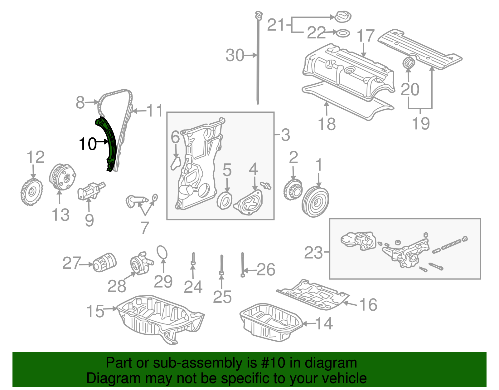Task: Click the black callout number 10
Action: click(x=88, y=144)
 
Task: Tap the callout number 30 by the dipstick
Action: click(x=235, y=55)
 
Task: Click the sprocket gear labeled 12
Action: click(x=31, y=192)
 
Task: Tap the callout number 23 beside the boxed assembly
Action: click(x=313, y=253)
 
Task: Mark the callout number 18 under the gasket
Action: click(x=327, y=124)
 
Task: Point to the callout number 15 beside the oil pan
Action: click(x=95, y=311)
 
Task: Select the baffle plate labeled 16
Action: click(x=313, y=295)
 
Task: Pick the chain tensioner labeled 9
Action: click(x=90, y=191)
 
